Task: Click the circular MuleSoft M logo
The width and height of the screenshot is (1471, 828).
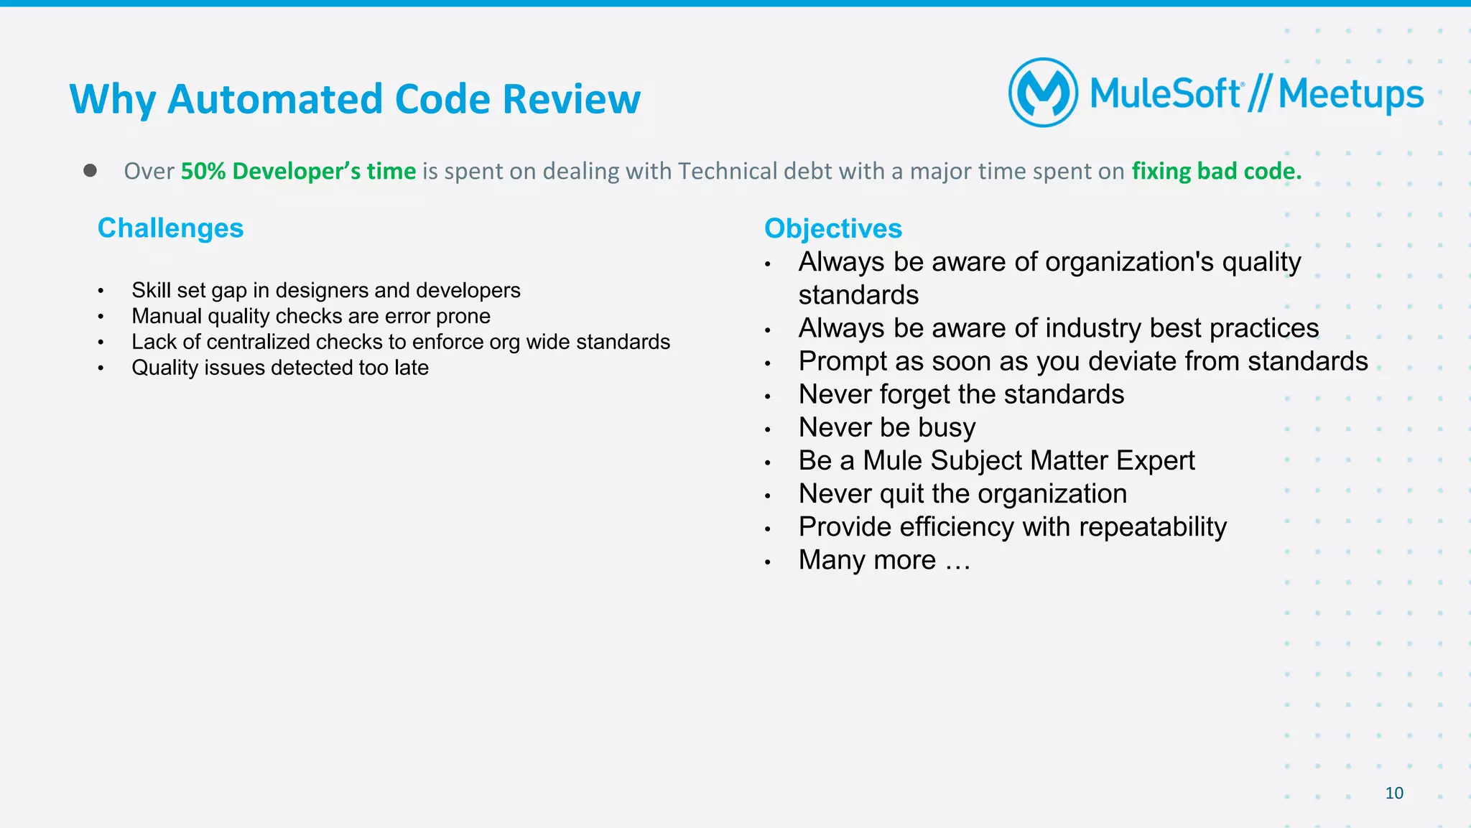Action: pos(1043,93)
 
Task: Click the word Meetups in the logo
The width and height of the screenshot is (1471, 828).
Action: pos(1350,95)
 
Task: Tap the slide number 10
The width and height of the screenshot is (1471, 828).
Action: pos(1393,793)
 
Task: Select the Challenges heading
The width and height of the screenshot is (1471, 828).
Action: pos(170,228)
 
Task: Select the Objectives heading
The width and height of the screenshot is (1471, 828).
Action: pos(832,228)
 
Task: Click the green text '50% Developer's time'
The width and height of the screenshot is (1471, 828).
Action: pos(298,171)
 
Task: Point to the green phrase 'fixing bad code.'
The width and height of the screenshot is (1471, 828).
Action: pos(1216,171)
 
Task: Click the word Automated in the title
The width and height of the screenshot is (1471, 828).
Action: pos(275,99)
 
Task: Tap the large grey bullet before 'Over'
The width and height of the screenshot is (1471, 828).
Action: pos(90,170)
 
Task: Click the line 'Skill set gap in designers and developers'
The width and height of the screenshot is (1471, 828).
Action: pos(325,290)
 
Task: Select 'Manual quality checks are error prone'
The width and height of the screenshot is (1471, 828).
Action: pos(310,316)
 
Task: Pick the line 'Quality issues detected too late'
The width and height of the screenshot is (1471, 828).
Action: pos(279,368)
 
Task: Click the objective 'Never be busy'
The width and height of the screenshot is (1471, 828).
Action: pos(886,427)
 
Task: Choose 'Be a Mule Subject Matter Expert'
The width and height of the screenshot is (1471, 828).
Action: pos(996,460)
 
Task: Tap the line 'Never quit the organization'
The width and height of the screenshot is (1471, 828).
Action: pos(962,493)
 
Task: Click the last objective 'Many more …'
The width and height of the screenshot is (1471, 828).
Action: pos(884,560)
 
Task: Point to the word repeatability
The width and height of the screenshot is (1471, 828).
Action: pos(1152,527)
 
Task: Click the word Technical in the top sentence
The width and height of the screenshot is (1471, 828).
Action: pos(727,171)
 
